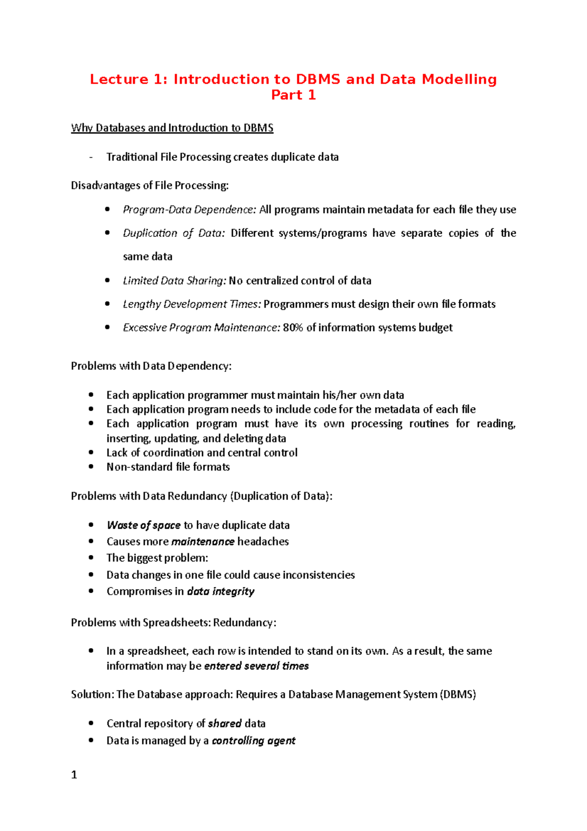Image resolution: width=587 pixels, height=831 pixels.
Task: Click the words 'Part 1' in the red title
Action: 293,95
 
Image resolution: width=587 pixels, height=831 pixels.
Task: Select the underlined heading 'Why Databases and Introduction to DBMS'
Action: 172,128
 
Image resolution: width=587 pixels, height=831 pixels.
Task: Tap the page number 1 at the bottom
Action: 74,775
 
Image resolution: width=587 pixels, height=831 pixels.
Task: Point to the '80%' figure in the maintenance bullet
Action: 293,327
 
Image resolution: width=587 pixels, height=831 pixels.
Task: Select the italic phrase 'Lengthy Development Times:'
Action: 192,304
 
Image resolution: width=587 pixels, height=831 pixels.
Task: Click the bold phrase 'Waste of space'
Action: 143,525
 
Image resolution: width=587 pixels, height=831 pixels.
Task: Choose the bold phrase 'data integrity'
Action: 221,592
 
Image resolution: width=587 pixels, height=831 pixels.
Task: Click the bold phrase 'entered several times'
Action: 256,666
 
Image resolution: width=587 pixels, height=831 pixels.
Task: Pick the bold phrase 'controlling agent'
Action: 253,741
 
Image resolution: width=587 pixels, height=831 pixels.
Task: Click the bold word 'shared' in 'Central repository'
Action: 225,724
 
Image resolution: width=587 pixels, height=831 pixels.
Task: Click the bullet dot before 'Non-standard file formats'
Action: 91,467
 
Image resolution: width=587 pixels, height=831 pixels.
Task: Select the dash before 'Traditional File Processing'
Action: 90,157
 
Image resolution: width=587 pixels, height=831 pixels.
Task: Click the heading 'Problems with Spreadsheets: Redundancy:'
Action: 174,623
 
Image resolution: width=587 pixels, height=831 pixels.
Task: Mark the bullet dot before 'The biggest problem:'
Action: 91,558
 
